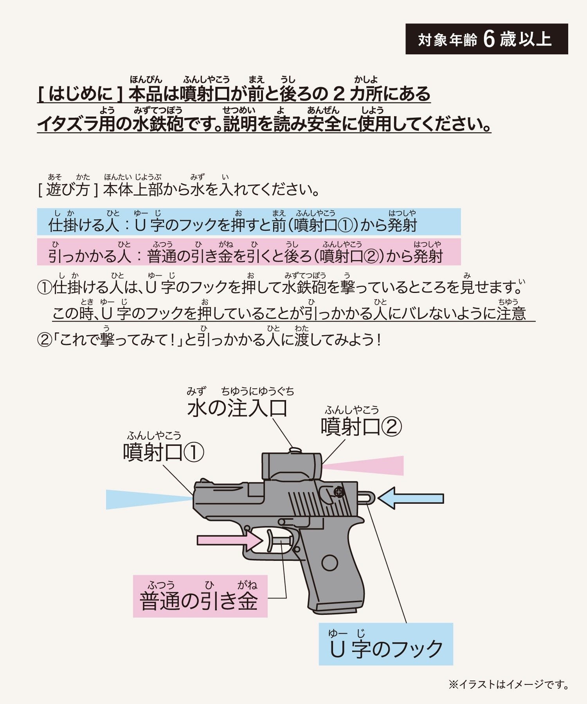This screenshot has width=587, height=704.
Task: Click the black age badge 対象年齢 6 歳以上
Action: tap(486, 39)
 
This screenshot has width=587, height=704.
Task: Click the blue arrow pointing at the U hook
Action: tap(411, 498)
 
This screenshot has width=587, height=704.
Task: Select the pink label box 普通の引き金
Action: tap(200, 596)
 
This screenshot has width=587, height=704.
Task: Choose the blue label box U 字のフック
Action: tap(386, 644)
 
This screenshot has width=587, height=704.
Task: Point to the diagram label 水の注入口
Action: tap(238, 408)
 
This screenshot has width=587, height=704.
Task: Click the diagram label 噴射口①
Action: tap(164, 453)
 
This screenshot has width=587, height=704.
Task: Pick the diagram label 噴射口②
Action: tap(361, 426)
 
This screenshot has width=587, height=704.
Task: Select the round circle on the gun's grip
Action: tap(330, 563)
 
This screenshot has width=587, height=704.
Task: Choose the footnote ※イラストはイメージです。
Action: tap(508, 684)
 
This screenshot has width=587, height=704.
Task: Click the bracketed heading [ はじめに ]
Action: tap(81, 94)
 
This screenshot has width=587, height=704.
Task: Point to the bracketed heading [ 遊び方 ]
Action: tap(68, 190)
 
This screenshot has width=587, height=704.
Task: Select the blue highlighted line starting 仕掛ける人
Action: tap(249, 222)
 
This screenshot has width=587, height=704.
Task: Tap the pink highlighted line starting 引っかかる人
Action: tap(249, 252)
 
